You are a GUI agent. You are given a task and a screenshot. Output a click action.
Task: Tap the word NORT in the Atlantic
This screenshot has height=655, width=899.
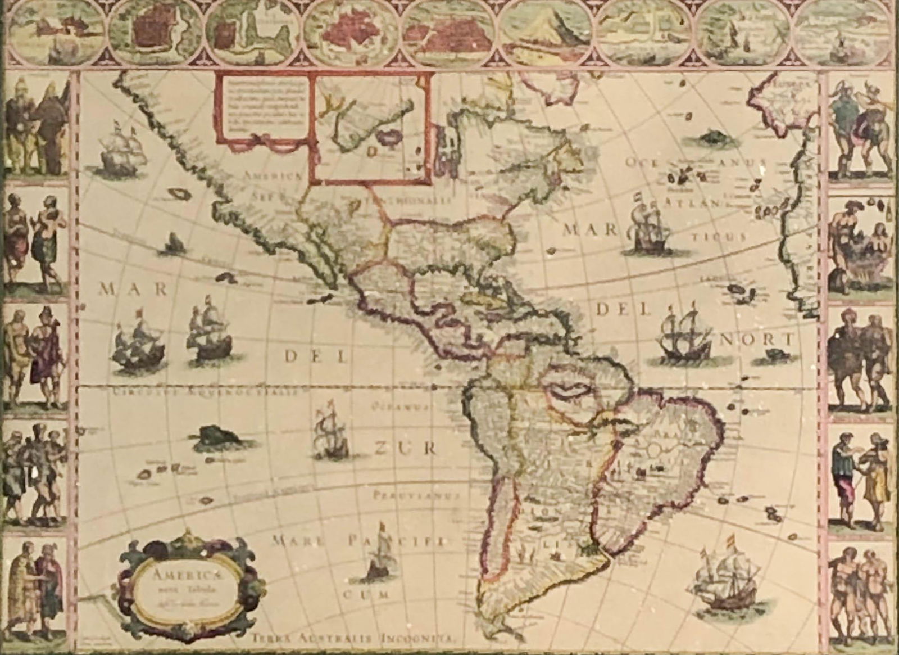[x=757, y=339]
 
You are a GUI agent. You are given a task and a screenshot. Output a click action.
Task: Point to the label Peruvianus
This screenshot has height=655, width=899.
[x=416, y=496]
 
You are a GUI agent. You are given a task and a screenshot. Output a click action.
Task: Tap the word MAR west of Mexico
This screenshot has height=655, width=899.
[x=133, y=290]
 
